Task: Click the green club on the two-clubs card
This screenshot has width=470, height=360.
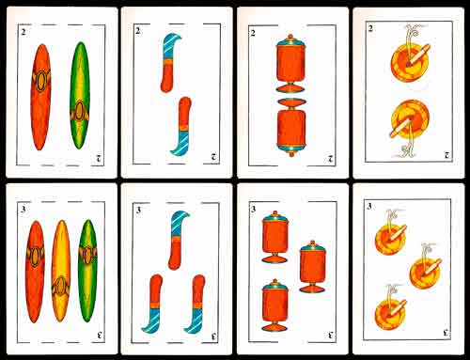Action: click(80, 96)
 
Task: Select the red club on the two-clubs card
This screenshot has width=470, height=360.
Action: click(40, 97)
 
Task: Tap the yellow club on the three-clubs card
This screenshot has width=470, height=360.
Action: click(61, 271)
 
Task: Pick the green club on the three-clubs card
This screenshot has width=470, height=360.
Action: click(87, 271)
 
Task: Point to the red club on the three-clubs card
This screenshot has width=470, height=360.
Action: click(35, 272)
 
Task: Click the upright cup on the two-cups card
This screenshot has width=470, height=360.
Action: click(290, 63)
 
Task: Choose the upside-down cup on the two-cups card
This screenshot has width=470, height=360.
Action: click(291, 127)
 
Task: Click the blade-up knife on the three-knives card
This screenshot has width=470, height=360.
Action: click(178, 240)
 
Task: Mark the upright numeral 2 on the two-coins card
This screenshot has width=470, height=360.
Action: click(370, 29)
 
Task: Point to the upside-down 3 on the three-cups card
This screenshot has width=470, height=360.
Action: click(331, 335)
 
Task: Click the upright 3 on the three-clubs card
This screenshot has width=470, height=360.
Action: click(23, 210)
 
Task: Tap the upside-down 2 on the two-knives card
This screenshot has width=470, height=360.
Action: click(214, 157)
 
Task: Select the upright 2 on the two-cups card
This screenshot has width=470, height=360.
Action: click(253, 33)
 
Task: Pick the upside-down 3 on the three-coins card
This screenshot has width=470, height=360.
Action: click(446, 333)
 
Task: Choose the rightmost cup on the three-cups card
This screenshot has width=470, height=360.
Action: click(313, 266)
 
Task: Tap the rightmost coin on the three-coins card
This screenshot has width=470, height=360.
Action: click(426, 268)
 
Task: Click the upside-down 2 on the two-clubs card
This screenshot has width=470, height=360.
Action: click(99, 158)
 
